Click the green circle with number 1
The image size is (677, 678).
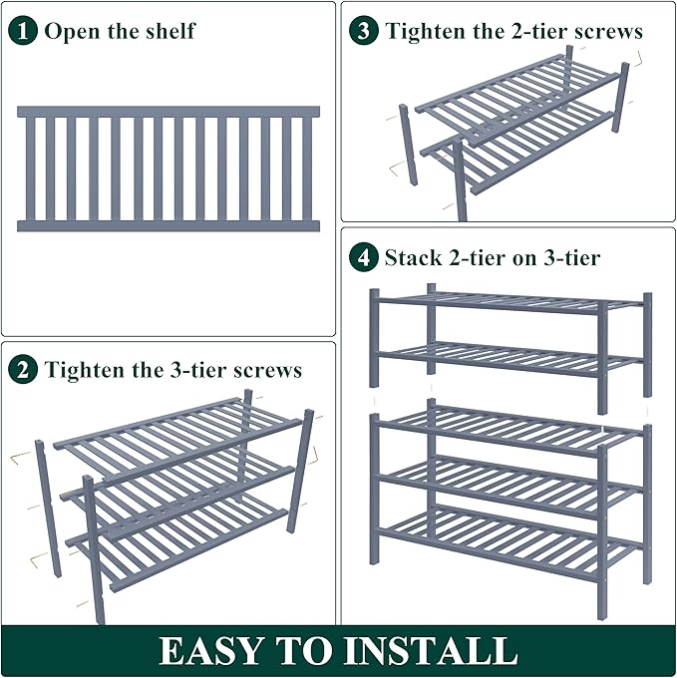click(x=24, y=30)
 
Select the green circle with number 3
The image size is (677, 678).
click(x=364, y=30)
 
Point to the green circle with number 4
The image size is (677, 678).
click(x=364, y=258)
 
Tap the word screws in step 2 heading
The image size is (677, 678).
click(x=267, y=371)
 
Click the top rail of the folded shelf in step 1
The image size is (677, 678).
click(x=169, y=112)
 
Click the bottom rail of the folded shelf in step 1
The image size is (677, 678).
click(x=169, y=226)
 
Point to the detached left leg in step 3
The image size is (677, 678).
click(x=408, y=145)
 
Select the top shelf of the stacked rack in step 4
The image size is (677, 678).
click(x=508, y=299)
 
